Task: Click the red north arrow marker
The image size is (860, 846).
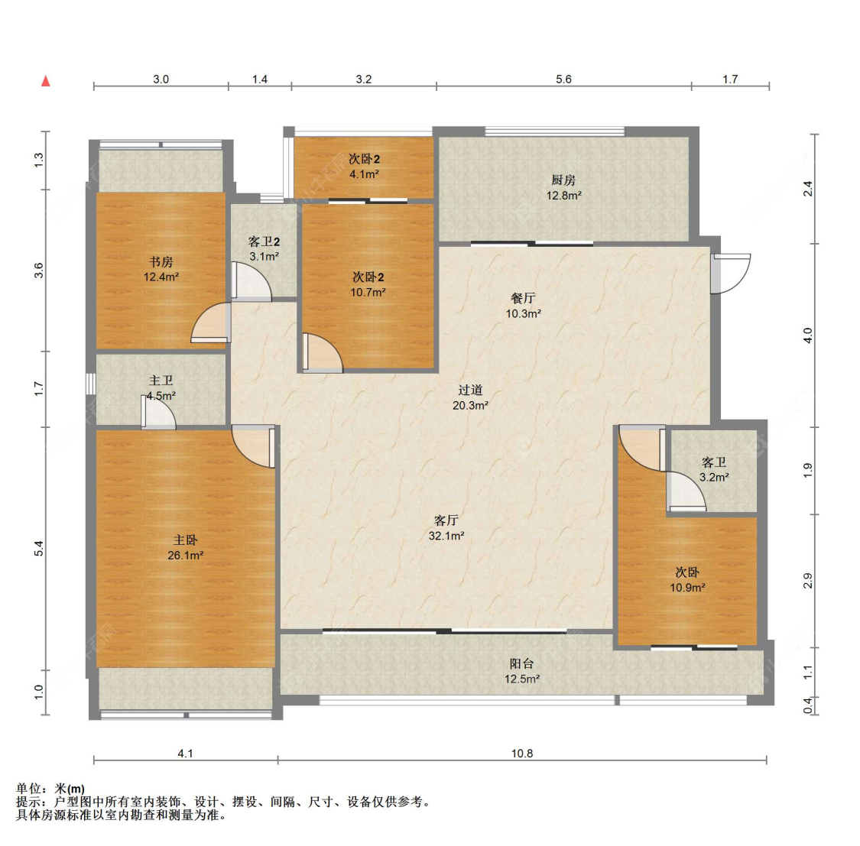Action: tap(46, 81)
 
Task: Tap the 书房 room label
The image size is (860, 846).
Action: tap(161, 269)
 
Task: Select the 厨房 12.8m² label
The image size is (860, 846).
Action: tap(564, 187)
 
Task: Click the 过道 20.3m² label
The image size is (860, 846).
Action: tap(471, 397)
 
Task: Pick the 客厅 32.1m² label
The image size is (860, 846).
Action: tap(446, 528)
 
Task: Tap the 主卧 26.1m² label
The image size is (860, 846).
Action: tap(186, 548)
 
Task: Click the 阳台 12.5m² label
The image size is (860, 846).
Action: tap(522, 671)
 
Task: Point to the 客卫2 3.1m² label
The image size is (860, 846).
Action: tap(264, 249)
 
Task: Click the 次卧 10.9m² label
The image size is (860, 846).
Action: tap(687, 580)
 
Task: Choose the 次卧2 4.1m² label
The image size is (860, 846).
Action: tap(364, 167)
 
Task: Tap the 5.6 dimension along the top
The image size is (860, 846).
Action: tap(564, 79)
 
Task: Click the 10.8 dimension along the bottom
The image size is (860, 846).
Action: tap(522, 754)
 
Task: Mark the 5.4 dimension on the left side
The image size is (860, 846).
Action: tap(38, 548)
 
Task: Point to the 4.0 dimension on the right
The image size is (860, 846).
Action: tap(808, 335)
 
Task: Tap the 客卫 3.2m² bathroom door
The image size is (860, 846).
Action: tap(687, 492)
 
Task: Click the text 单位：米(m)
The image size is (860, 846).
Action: tap(50, 789)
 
